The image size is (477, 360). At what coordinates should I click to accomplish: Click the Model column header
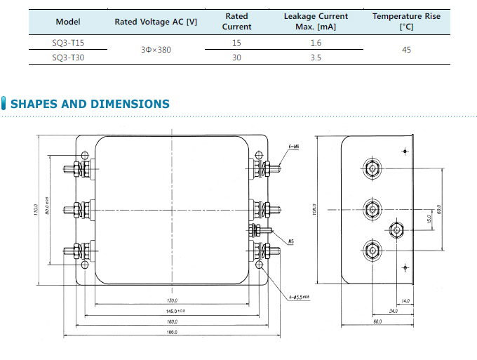(x=68, y=22)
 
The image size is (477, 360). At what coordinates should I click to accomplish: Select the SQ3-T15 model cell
(x=68, y=44)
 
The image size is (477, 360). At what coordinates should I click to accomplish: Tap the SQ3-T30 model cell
(x=68, y=58)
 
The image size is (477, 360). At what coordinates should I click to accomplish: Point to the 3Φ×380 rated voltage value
(x=156, y=51)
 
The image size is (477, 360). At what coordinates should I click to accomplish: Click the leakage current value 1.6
(x=316, y=44)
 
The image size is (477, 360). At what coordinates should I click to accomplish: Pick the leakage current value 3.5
(x=316, y=58)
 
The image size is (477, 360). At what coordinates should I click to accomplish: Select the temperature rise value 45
(x=405, y=51)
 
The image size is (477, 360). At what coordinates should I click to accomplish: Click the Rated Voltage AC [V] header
(x=156, y=22)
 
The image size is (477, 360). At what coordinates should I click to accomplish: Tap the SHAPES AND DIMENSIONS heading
(x=90, y=105)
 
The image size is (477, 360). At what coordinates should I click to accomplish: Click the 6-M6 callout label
(x=294, y=147)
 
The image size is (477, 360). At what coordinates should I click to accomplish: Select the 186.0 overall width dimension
(x=170, y=332)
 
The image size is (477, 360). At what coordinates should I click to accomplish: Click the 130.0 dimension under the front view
(x=172, y=301)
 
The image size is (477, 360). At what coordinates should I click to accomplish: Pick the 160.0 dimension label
(x=171, y=321)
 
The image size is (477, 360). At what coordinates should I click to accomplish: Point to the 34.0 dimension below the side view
(x=394, y=311)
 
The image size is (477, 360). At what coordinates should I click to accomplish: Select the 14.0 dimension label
(x=405, y=301)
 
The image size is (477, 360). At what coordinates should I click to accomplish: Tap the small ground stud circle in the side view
(x=397, y=229)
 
